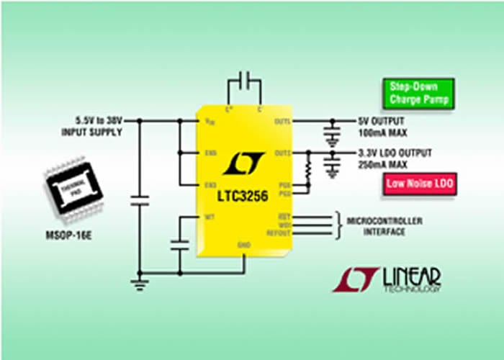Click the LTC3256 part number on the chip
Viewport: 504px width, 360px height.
(243, 196)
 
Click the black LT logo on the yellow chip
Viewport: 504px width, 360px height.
(243, 164)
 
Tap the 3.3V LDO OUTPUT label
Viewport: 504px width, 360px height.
(395, 153)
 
